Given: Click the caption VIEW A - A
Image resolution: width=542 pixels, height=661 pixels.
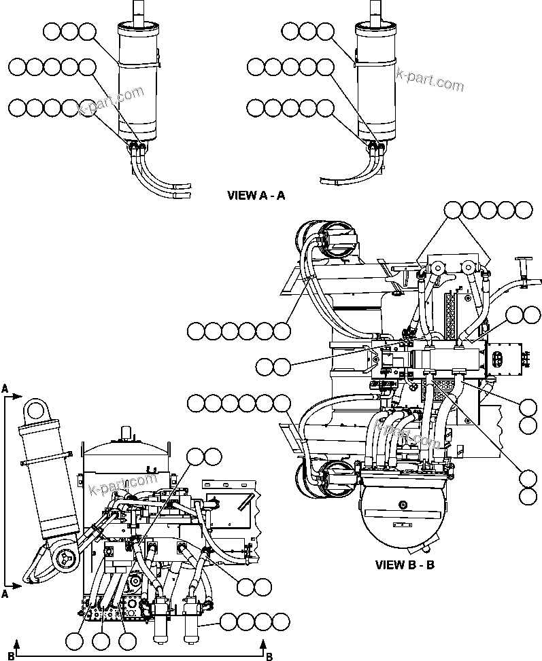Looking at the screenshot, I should click(256, 195).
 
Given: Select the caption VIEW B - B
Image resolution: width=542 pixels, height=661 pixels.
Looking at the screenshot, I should click(405, 565).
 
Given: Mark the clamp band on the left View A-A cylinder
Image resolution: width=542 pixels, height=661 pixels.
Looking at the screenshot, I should click(139, 65).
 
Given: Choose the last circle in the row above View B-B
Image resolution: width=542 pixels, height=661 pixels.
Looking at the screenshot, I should click(523, 210).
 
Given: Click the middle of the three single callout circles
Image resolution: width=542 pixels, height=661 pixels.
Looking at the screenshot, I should click(101, 640).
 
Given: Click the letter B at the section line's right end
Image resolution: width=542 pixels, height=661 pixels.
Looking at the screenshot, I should click(269, 656).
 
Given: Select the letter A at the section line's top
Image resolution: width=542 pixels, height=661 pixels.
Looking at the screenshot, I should click(5, 389).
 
